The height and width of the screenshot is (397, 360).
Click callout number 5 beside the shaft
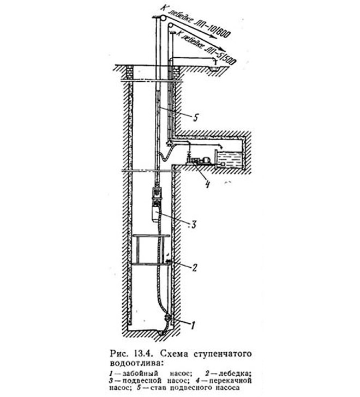pyautogui.click(x=195, y=117)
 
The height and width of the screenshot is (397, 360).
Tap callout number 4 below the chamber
pyautogui.click(x=208, y=184)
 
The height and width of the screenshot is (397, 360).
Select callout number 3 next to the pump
pyautogui.click(x=194, y=224)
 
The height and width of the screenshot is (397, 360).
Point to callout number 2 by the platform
pyautogui.click(x=194, y=267)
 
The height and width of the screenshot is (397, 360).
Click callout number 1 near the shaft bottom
pyautogui.click(x=193, y=326)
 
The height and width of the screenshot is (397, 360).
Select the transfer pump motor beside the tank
pyautogui.click(x=206, y=160)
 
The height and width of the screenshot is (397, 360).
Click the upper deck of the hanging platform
pyautogui.click(x=151, y=236)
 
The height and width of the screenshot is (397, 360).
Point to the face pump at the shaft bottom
pyautogui.click(x=167, y=318)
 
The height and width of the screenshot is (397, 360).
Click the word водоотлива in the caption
pyautogui.click(x=135, y=363)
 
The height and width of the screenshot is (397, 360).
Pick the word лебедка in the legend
pyautogui.click(x=235, y=374)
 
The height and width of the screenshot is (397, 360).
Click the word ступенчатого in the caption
pyautogui.click(x=223, y=354)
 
